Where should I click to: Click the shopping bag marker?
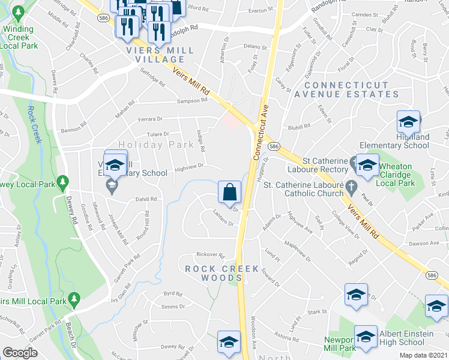click(x=229, y=192)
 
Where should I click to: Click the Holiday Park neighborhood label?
click(x=148, y=145)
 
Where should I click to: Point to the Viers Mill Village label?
click(x=160, y=55)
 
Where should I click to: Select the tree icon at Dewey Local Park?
click(x=62, y=181)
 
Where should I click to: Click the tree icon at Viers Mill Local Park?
click(x=74, y=298)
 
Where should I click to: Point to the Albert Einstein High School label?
click(x=402, y=338)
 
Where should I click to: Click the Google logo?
click(x=20, y=353)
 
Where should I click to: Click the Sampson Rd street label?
click(x=191, y=101)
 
